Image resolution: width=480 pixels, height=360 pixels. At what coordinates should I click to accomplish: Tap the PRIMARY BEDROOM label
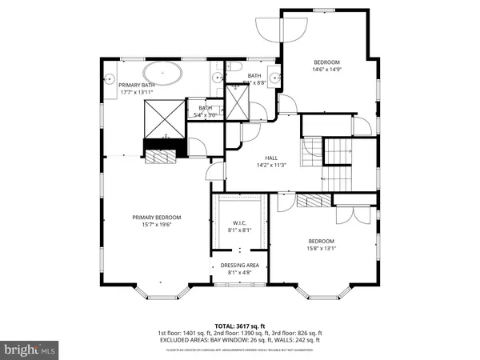click(x=157, y=218)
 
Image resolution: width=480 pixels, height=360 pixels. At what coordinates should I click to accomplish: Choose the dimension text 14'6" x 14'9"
click(x=326, y=70)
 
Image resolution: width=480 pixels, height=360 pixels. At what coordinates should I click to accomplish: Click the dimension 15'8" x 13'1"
click(x=321, y=248)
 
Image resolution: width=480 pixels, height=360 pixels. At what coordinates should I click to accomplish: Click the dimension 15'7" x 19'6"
click(x=157, y=225)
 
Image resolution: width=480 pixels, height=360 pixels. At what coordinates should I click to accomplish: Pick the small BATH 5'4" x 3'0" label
click(x=205, y=112)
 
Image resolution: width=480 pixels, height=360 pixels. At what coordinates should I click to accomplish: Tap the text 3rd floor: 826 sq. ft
click(x=298, y=333)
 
